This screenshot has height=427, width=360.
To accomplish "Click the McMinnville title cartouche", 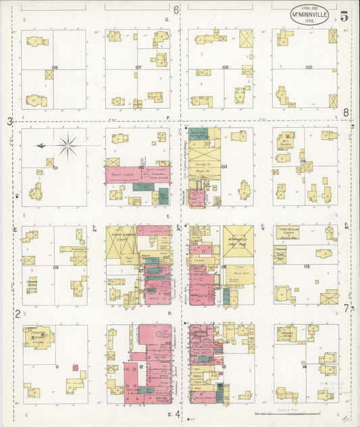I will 310,14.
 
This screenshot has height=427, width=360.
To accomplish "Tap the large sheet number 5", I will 344,17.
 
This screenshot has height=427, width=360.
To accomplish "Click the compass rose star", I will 68,144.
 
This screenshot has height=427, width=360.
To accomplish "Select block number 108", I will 54,68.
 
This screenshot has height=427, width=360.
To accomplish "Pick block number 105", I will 309,68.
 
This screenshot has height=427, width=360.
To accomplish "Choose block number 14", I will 305,366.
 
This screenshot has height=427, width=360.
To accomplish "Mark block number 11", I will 57,367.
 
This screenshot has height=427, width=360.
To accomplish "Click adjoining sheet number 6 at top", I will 176,9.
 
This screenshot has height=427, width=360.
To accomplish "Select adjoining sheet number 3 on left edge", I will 9,122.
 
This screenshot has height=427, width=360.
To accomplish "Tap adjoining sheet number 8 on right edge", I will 346,113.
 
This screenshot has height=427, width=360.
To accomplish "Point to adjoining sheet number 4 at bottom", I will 178,413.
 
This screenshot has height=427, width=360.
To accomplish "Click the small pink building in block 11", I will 76,368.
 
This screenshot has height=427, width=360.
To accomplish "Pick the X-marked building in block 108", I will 49,75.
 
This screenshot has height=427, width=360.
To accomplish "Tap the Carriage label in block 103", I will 200,164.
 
